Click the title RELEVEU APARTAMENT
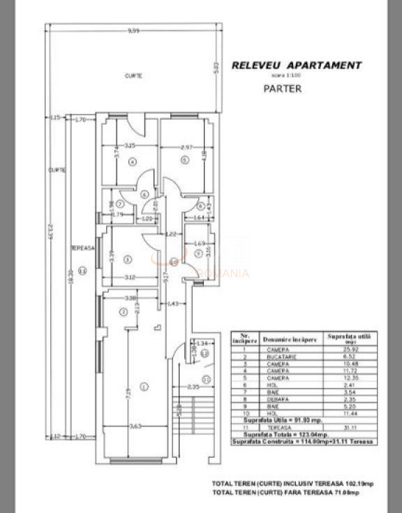coord(297,66)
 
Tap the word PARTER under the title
coord(283,89)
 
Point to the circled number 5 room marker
coord(185,159)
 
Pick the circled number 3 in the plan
coord(127,259)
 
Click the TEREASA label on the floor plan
coord(82,248)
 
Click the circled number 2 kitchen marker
coord(122,312)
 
